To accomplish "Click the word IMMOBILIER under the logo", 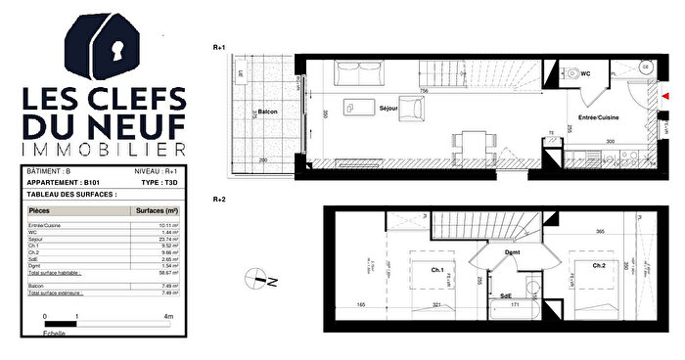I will pos(104,150).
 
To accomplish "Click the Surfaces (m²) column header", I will pos(156,210).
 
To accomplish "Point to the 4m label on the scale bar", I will pos(169,317).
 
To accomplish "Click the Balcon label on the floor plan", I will pos(267,112).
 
